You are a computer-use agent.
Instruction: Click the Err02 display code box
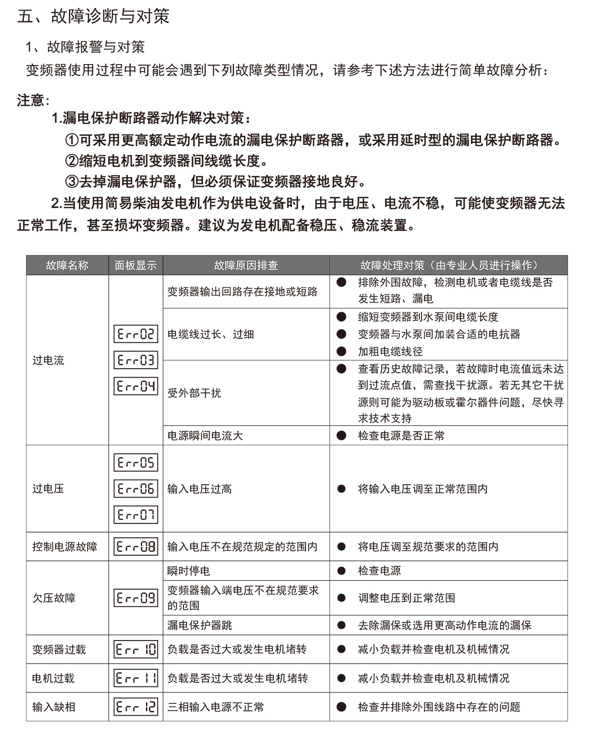coord(136,334)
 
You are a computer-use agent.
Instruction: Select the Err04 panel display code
coord(136,386)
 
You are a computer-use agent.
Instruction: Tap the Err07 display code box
coord(136,514)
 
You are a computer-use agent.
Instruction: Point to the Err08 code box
coord(136,546)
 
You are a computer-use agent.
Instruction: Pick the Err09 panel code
coord(136,598)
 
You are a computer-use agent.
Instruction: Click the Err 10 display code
coord(136,649)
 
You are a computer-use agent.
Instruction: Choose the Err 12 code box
coord(136,707)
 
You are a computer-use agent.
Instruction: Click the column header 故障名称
coord(67,265)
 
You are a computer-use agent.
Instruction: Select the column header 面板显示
coord(136,265)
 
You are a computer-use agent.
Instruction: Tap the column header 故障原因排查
coord(246,265)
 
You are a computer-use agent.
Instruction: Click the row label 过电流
coord(48,360)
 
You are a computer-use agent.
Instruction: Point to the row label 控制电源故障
coord(65,546)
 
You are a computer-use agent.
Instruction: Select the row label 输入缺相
coord(53,707)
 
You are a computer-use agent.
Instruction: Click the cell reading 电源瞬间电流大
coord(205,435)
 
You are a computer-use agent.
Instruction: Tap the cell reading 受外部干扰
coord(194,393)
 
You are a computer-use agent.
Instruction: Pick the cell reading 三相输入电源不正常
coord(216,707)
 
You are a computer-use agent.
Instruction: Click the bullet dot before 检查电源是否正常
coord(341,435)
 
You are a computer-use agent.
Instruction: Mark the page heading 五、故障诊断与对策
coord(93,16)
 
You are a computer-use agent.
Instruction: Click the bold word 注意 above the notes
coord(31,100)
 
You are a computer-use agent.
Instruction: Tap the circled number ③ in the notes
coord(72,182)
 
